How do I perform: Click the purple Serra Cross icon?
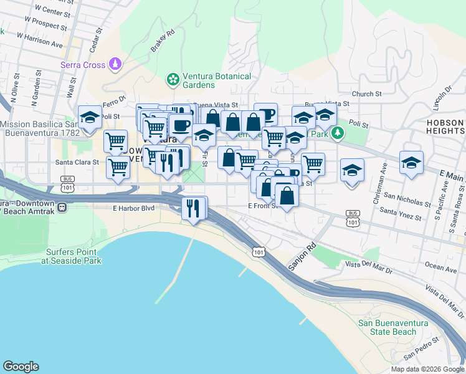pos(115,64)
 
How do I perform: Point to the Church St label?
pos(366,94)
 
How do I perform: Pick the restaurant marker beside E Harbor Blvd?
pos(194,208)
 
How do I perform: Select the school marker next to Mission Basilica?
pos(90,117)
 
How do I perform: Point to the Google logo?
pos(21,367)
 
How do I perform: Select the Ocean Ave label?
pos(442,268)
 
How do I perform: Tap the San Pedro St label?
pos(418,353)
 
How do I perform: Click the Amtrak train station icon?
pos(62,208)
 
